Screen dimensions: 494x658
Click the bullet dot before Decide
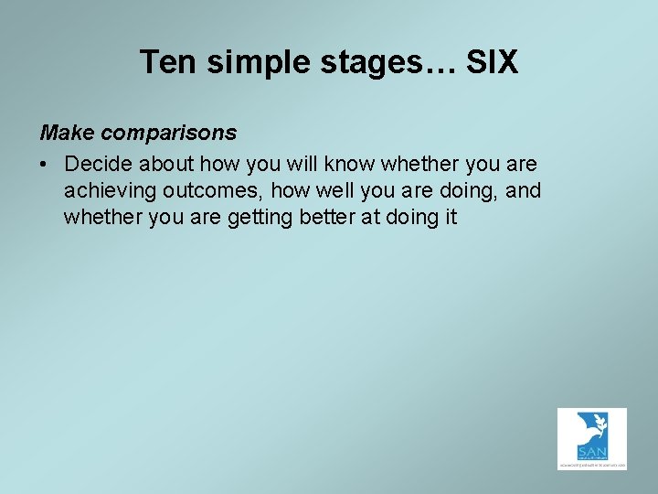(x=45, y=165)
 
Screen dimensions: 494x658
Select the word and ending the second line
(x=524, y=190)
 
